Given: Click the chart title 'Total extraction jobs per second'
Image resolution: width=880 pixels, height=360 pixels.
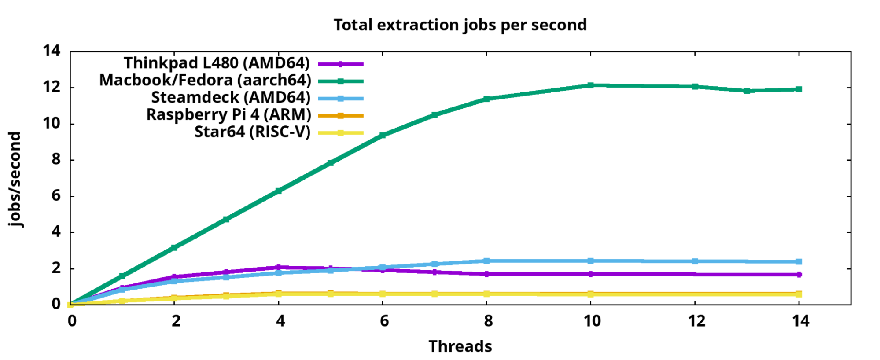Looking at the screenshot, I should click(460, 25).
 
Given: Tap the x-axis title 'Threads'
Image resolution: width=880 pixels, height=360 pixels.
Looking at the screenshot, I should click(460, 346).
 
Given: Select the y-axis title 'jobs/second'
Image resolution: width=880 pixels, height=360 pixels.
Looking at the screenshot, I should click(15, 179).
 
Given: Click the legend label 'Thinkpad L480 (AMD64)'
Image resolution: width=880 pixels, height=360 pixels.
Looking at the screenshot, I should click(217, 63).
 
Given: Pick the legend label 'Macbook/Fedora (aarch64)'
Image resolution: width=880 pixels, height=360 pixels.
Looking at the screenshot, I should click(205, 81).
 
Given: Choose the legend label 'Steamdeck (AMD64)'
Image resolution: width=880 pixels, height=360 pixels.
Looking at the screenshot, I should click(231, 98).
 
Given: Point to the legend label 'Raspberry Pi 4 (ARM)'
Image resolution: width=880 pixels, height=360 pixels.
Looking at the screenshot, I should click(228, 115).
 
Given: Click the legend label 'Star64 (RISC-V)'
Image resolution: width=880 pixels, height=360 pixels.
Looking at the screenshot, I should click(252, 132).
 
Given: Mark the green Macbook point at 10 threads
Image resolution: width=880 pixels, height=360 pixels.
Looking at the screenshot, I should click(590, 85).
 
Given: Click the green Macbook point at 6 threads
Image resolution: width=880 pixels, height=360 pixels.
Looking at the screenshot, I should click(383, 135).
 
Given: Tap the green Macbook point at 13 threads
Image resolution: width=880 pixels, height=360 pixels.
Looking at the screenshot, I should click(747, 91).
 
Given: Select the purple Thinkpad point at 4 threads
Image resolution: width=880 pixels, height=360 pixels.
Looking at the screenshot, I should click(278, 267).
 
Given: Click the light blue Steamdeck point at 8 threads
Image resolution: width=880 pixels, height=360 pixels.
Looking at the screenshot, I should click(486, 261).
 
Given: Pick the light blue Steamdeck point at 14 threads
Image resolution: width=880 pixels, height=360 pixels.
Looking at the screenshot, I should click(799, 262).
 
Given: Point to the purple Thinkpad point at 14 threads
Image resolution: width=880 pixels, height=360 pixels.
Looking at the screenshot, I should click(799, 275).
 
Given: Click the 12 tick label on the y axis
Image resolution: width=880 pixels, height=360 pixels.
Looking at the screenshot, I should click(52, 87).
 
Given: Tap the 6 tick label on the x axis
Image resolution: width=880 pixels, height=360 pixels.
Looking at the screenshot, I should click(384, 321).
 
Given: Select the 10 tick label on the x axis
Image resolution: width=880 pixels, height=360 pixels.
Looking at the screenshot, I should click(592, 321).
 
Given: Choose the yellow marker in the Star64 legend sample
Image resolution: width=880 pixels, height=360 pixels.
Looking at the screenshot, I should click(340, 133).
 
